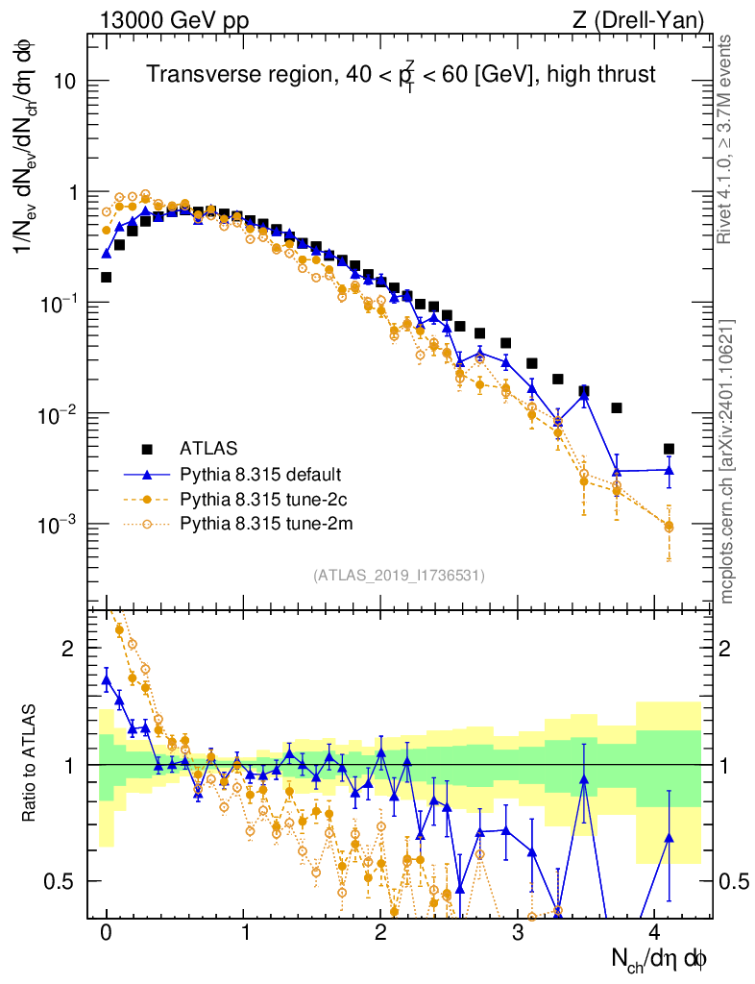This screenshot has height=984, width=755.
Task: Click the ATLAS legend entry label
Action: coord(208,448)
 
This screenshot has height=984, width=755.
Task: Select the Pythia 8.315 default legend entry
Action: coord(260,474)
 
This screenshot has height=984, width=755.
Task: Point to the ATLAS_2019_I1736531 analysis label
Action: coord(399,576)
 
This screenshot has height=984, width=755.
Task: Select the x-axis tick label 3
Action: coord(518,932)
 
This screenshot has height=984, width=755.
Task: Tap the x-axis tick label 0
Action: coord(106,932)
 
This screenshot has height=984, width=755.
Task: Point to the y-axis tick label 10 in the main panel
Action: coord(63,82)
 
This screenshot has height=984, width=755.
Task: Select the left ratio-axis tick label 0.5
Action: coord(60,881)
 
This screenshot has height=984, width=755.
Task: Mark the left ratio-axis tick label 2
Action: coord(68,649)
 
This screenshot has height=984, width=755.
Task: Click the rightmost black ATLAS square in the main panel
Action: coord(669,449)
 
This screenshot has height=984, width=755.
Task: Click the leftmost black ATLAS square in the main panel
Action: coord(106,277)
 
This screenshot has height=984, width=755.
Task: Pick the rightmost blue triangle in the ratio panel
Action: coord(669,838)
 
